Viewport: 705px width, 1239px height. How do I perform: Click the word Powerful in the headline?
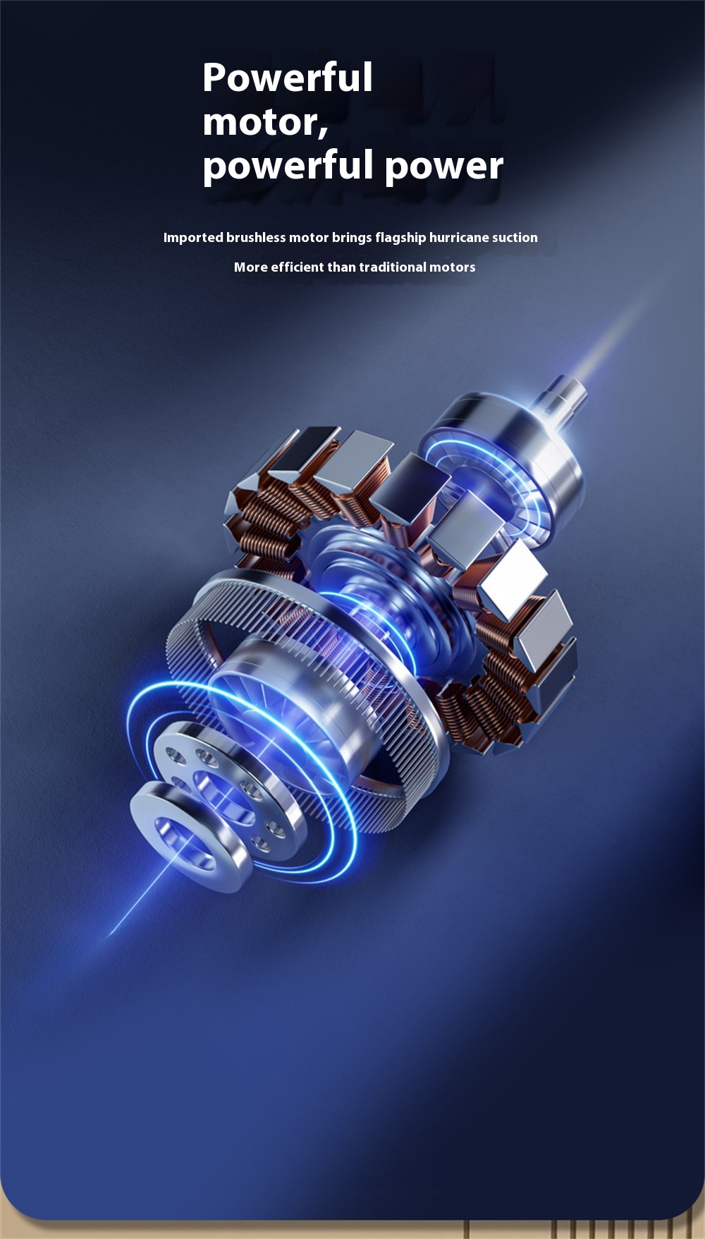288,77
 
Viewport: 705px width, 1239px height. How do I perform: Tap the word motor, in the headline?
265,123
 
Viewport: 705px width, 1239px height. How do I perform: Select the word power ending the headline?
444,167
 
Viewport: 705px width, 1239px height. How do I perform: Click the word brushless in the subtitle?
256,237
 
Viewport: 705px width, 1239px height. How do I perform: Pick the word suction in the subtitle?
515,237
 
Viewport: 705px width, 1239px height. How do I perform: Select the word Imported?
193,238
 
